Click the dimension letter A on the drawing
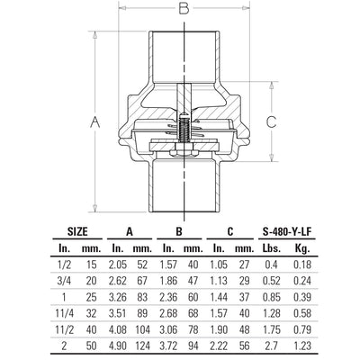click(x=95, y=122)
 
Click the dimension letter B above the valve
click(x=184, y=8)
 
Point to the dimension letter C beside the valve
click(x=272, y=121)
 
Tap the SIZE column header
click(x=77, y=231)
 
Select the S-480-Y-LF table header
click(x=287, y=231)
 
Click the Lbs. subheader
click(x=272, y=248)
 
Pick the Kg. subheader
click(x=302, y=248)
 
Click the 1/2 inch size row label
click(x=64, y=265)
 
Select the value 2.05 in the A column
click(x=118, y=265)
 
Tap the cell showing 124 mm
click(x=142, y=346)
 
